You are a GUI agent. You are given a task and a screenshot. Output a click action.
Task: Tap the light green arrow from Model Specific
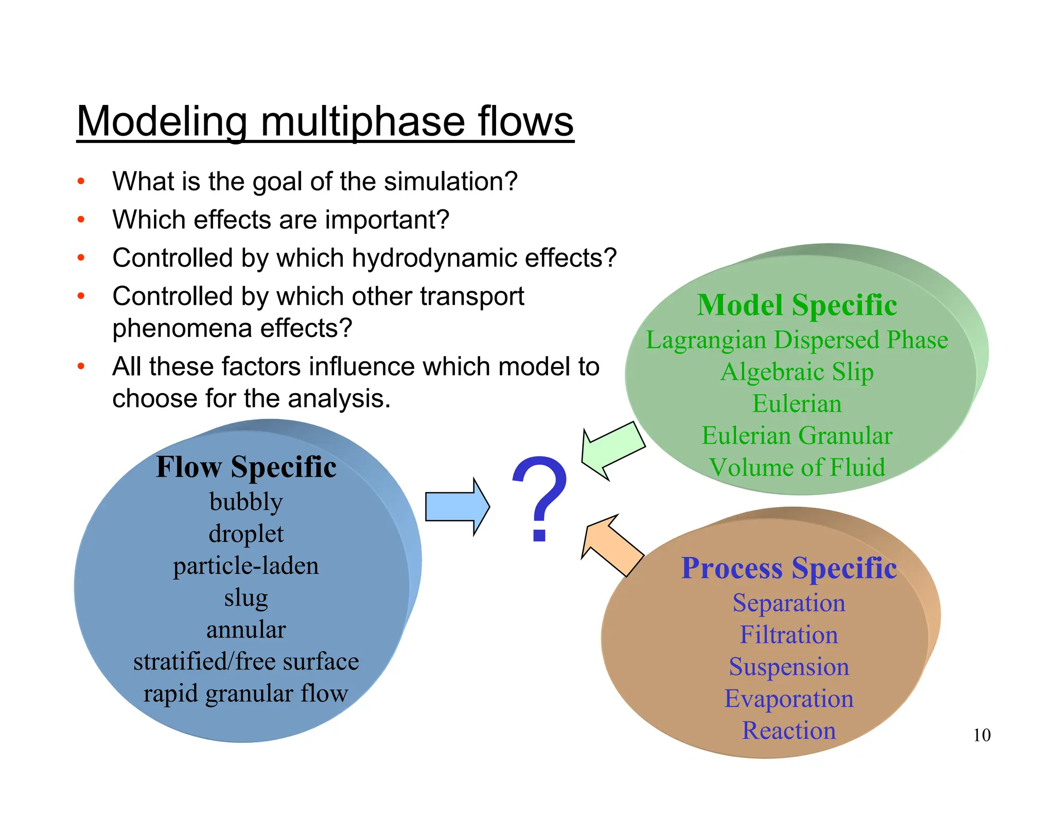[612, 450]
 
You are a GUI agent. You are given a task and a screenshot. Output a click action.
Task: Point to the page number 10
[981, 735]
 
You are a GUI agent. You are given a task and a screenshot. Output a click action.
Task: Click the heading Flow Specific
[246, 467]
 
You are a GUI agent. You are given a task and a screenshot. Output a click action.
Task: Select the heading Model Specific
[797, 305]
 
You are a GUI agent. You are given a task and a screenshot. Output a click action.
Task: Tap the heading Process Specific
[788, 568]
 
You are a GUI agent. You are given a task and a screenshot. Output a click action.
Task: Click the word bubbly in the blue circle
[246, 502]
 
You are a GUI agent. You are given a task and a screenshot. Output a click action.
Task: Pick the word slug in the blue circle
[246, 598]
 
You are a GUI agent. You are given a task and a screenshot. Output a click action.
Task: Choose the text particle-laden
[246, 565]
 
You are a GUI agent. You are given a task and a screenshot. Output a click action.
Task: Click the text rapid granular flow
[246, 694]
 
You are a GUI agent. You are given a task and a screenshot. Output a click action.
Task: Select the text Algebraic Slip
[797, 372]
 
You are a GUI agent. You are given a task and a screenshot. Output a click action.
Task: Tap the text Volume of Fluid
[797, 468]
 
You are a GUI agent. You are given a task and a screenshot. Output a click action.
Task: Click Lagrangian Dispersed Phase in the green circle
[797, 340]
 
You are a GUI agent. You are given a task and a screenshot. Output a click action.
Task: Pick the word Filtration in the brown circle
[788, 635]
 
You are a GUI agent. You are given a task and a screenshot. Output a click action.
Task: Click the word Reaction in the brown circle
[788, 731]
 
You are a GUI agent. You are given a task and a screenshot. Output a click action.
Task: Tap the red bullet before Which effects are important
[81, 220]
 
